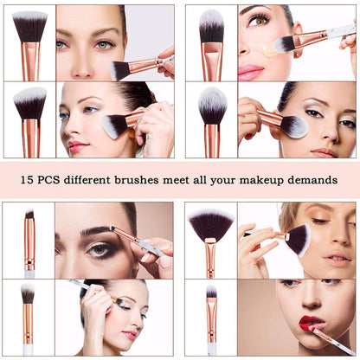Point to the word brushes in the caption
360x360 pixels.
click(x=170, y=181)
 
